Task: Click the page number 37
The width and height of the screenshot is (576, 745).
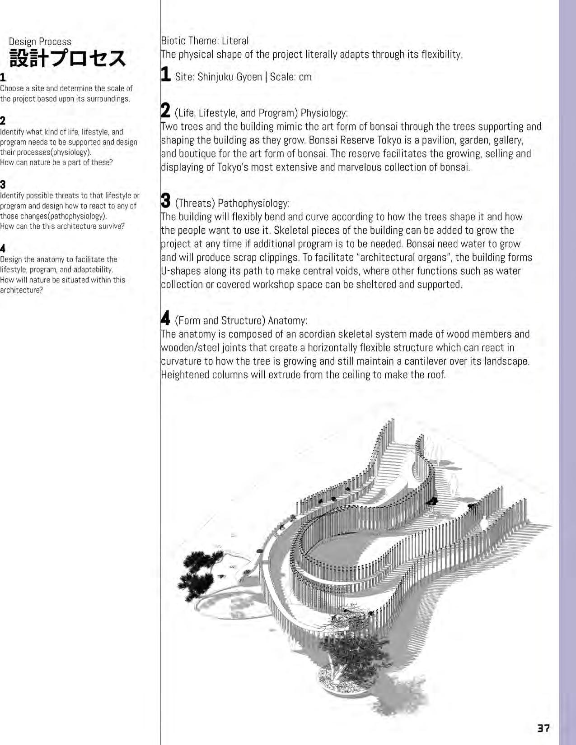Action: coord(543,728)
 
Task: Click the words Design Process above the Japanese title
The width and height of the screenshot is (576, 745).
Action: coord(40,42)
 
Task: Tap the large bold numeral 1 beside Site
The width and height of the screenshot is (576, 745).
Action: coord(166,75)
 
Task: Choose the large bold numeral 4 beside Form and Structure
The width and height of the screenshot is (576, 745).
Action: coord(166,318)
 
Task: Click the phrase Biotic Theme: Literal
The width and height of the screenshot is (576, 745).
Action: coord(205,41)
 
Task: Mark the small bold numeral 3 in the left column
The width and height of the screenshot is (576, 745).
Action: coord(3,185)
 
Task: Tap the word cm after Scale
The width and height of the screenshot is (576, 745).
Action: coord(305,77)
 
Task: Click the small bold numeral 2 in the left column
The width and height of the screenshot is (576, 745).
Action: coord(3,120)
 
